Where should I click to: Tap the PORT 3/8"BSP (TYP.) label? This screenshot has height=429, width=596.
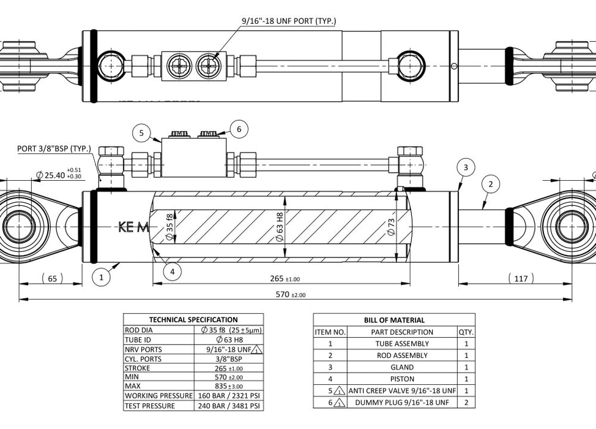pyautogui.click(x=54, y=149)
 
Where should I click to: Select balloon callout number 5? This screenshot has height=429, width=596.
pyautogui.click(x=141, y=132)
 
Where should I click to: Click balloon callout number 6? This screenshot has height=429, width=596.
pyautogui.click(x=239, y=129)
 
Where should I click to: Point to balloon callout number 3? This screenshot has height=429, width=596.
pyautogui.click(x=466, y=167)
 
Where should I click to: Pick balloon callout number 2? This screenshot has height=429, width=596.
pyautogui.click(x=490, y=184)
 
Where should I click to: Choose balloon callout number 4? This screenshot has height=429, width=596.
pyautogui.click(x=173, y=271)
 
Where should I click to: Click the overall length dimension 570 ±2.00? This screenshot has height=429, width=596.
pyautogui.click(x=290, y=294)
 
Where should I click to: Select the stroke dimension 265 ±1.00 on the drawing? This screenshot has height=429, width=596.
pyautogui.click(x=284, y=279)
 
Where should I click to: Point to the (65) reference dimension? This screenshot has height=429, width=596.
pyautogui.click(x=52, y=279)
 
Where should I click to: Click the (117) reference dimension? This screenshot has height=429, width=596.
pyautogui.click(x=521, y=279)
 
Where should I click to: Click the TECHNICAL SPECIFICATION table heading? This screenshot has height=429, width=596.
pyautogui.click(x=193, y=319)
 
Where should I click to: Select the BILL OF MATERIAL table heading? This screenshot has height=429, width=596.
pyautogui.click(x=394, y=320)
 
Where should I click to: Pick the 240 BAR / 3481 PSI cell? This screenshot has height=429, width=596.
pyautogui.click(x=229, y=406)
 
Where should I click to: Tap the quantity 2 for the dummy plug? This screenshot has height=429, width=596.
pyautogui.click(x=466, y=403)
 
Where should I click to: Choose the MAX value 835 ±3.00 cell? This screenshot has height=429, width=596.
pyautogui.click(x=229, y=386)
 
